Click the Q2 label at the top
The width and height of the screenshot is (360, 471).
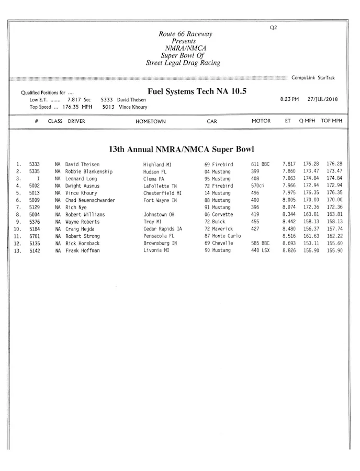click(x=273, y=28)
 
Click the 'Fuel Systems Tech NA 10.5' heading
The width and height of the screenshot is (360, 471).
click(x=197, y=91)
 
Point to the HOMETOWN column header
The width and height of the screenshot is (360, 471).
click(x=151, y=121)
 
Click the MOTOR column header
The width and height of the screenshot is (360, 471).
click(x=261, y=121)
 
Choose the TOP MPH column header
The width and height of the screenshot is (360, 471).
click(x=332, y=121)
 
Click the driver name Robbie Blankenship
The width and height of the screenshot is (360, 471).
click(x=89, y=171)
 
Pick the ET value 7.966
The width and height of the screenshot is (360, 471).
click(x=289, y=186)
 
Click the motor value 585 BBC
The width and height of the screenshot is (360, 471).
click(x=260, y=243)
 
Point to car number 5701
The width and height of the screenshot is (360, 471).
click(x=35, y=236)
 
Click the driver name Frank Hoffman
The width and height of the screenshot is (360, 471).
click(x=83, y=250)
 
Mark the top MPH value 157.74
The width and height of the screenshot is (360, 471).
click(x=334, y=229)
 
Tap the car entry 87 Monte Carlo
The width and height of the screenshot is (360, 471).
click(x=222, y=236)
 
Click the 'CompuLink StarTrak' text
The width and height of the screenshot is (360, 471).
click(x=313, y=78)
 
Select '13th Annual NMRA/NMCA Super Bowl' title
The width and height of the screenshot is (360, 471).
click(x=181, y=150)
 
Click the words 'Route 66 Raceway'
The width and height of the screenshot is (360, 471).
click(x=186, y=34)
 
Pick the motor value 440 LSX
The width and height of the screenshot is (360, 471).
click(x=260, y=250)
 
